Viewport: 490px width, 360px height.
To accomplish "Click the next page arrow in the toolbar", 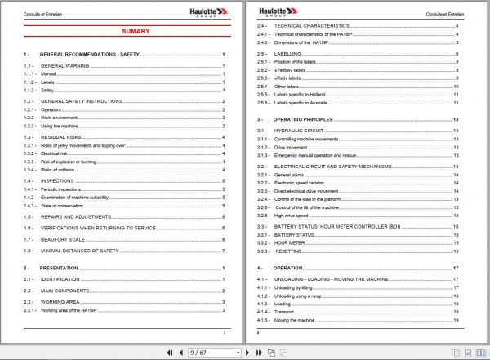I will coord(247,353).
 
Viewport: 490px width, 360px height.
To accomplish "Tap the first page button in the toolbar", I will coord(170,353).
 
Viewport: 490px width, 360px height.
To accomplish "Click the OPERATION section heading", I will coord(287,268).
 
